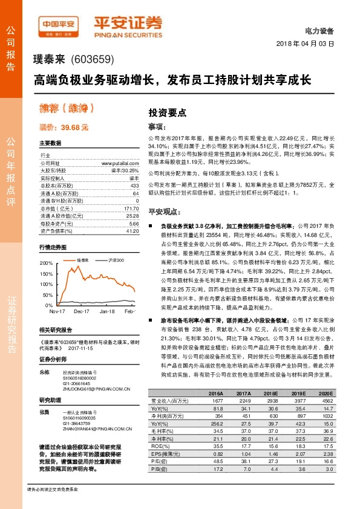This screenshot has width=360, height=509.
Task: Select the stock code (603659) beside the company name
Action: [x=93, y=60]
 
